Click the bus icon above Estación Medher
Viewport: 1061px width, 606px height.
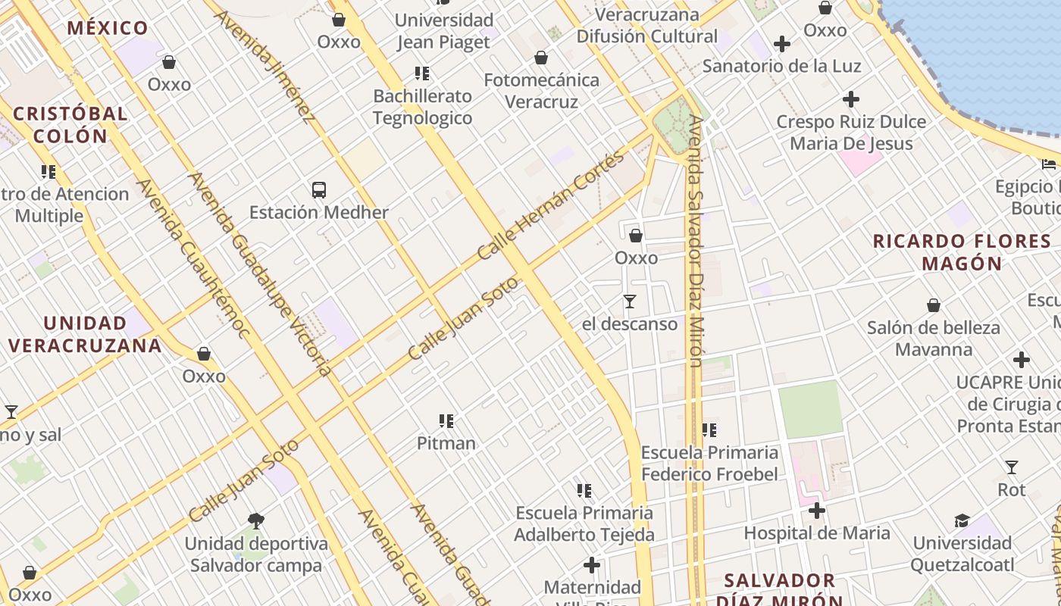coord(319,190)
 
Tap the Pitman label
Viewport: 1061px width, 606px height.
coord(446,443)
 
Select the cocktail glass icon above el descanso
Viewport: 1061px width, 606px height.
coord(629,301)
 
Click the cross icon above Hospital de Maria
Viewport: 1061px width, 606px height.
coord(816,511)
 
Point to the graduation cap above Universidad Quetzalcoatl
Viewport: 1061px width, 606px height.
coord(962,520)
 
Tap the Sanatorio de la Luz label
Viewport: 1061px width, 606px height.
coord(781,66)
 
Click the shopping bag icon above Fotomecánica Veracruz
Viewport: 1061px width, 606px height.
coord(541,58)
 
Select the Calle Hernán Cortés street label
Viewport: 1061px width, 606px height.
coord(551,206)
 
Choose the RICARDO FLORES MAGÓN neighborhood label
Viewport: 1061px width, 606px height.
coord(962,252)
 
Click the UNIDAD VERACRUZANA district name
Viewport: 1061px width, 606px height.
coord(85,334)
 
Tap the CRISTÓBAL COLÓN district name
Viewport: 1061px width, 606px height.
coord(70,125)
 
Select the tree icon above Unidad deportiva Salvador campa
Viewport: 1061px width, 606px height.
coord(256,521)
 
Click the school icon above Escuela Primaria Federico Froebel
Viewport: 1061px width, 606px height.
coord(709,430)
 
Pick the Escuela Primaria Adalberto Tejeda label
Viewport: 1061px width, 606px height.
coord(584,523)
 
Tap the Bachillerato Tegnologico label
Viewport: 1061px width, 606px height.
coord(422,107)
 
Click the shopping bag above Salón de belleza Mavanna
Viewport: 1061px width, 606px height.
coord(934,305)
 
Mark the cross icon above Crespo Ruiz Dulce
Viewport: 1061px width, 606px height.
coord(851,99)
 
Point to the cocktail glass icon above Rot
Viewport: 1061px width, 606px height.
coord(1011,467)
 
